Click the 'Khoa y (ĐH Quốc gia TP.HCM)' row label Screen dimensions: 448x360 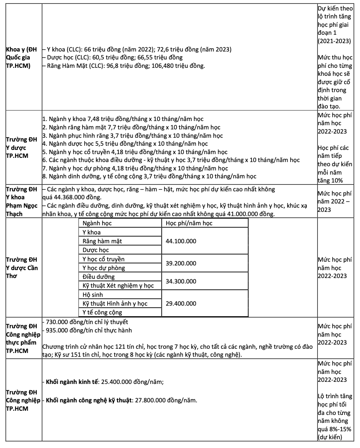pos(21,58)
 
